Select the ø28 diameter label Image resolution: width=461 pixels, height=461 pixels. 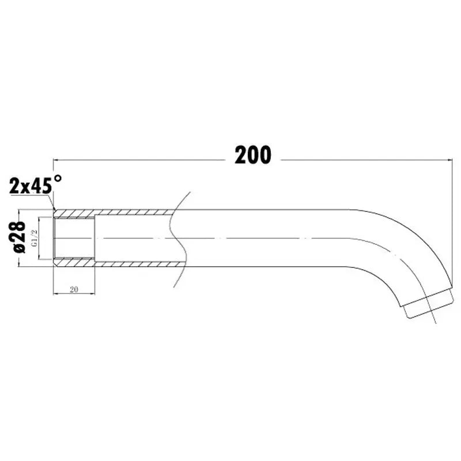click(x=18, y=237)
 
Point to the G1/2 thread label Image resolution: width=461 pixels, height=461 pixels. click(x=34, y=237)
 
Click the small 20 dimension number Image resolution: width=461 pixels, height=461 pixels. click(x=74, y=289)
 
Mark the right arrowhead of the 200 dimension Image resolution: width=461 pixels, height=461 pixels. click(x=450, y=160)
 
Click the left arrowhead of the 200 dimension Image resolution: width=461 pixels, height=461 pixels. click(x=56, y=160)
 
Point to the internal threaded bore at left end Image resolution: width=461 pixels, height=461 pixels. click(x=74, y=237)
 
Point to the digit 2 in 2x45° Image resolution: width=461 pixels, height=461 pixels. click(x=14, y=186)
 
